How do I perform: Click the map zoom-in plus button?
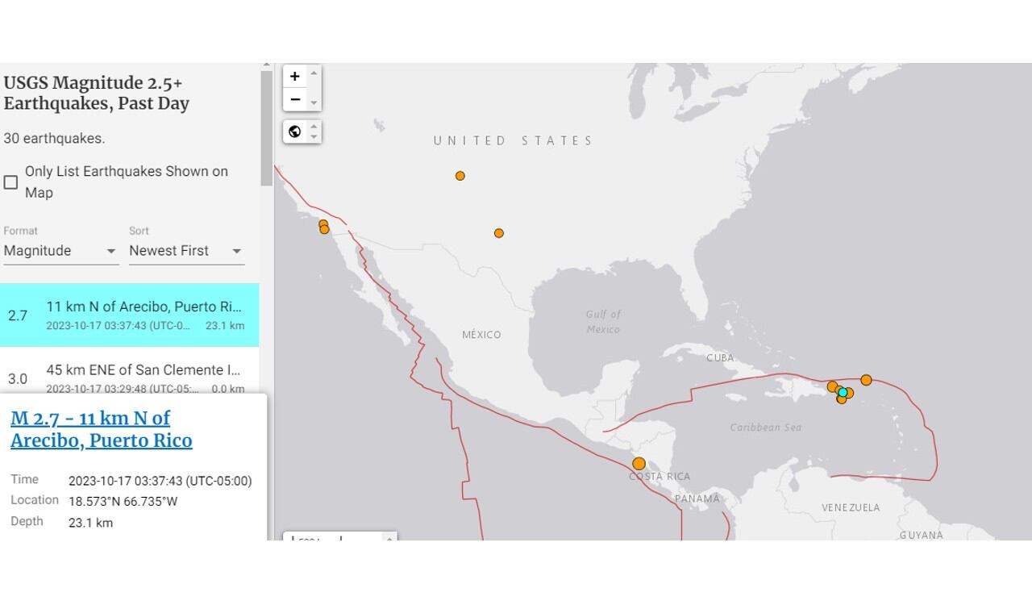click(295, 77)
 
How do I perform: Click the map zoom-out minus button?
click(295, 99)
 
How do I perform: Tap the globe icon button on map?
click(295, 131)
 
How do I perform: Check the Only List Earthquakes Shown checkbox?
click(11, 182)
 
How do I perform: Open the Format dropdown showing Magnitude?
click(60, 251)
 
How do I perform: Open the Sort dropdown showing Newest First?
click(186, 251)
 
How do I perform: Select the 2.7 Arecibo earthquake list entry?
click(129, 315)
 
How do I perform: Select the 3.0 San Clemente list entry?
click(129, 378)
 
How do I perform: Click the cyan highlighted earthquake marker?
click(843, 393)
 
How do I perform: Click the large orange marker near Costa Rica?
click(639, 464)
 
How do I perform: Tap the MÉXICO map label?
click(481, 335)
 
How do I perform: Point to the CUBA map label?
click(720, 358)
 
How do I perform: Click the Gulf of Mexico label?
click(603, 322)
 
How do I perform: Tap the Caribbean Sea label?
click(765, 428)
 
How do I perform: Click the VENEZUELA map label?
click(851, 507)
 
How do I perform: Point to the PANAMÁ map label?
click(697, 499)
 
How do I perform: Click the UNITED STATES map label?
click(513, 140)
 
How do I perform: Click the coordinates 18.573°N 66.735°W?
click(123, 502)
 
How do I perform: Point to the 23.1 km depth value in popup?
click(90, 523)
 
